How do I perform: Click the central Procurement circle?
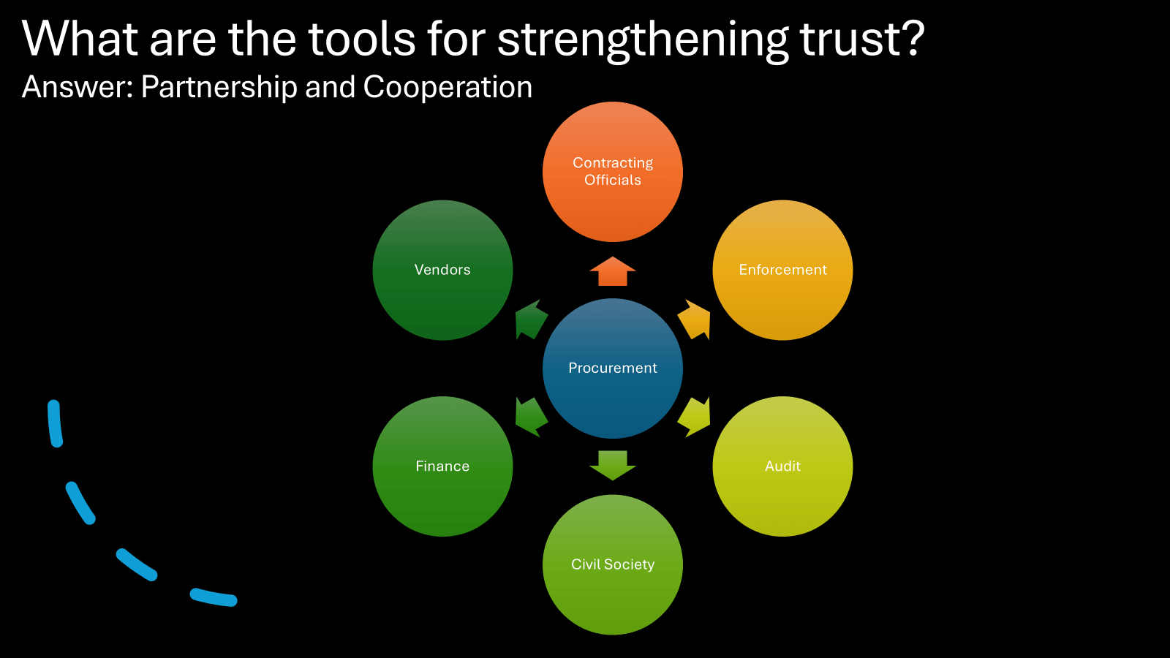[613, 368]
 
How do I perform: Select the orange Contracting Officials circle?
[613, 172]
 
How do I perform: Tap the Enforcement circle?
[782, 270]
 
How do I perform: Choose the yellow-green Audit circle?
[782, 466]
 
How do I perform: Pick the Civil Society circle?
[613, 564]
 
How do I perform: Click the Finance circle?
[442, 466]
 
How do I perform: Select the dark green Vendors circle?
[442, 270]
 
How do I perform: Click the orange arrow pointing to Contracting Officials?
[613, 271]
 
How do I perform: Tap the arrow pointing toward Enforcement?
[695, 319]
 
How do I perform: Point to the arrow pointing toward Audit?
[695, 417]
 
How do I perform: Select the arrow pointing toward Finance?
[530, 417]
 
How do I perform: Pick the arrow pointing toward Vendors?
[530, 319]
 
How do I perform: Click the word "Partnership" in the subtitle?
[219, 87]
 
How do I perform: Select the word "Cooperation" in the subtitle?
[448, 87]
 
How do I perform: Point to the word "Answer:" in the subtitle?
[78, 87]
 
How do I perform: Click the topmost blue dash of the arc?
[55, 423]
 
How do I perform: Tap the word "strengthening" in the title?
[643, 39]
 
